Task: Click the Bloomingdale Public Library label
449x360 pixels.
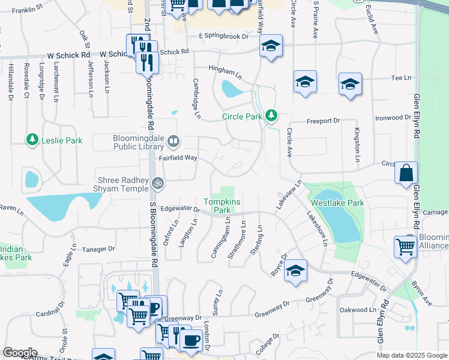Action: pyautogui.click(x=139, y=142)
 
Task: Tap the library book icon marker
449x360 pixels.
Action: pyautogui.click(x=173, y=142)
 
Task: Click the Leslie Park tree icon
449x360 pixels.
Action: pyautogui.click(x=32, y=140)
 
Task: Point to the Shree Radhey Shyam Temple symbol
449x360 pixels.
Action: pyautogui.click(x=157, y=182)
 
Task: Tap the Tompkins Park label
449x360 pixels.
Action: pyautogui.click(x=217, y=206)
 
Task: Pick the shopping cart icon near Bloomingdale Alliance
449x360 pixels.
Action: pyautogui.click(x=406, y=246)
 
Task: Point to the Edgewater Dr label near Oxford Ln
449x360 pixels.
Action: pyautogui.click(x=180, y=209)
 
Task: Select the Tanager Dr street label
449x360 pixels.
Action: pyautogui.click(x=98, y=248)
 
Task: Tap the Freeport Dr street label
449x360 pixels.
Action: pyautogui.click(x=323, y=121)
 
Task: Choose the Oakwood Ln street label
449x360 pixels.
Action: pyautogui.click(x=357, y=310)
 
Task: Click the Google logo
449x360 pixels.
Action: pyautogui.click(x=20, y=353)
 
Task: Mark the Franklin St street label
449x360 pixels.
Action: pyautogui.click(x=28, y=10)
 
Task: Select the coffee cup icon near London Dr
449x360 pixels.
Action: pyautogui.click(x=191, y=340)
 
